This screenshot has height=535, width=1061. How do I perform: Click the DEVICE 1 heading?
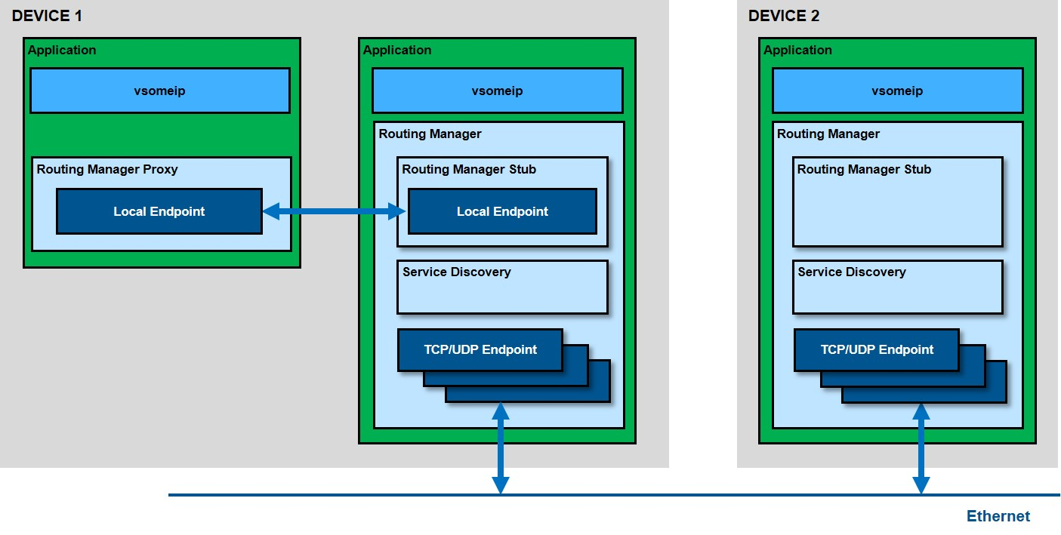coord(47,16)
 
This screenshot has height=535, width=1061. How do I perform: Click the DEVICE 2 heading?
coord(784,16)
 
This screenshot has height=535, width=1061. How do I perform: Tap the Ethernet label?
coord(998,516)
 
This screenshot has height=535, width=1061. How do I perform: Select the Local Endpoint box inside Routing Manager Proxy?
coord(159,211)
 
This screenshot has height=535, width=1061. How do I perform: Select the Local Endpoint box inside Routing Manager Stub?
coord(502,211)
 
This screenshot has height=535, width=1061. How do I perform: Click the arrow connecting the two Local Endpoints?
coord(335,212)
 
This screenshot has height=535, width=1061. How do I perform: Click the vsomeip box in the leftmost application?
coord(159,91)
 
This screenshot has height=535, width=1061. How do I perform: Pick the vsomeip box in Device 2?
coord(897,91)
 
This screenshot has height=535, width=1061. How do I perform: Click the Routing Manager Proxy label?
coord(107,169)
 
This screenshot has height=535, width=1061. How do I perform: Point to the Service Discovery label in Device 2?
coord(851,272)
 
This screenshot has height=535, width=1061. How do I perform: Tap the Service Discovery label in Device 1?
coord(456,272)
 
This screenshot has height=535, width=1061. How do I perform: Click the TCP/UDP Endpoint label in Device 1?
coord(480,349)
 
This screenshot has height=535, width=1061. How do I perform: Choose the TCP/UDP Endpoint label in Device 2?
coord(877,349)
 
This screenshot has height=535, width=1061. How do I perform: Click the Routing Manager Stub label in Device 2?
coord(864,169)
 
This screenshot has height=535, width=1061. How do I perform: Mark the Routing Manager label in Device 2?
coord(828,134)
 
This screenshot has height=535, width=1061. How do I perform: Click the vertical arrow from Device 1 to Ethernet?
coord(501,448)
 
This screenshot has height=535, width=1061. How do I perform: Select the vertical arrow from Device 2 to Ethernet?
coord(921,448)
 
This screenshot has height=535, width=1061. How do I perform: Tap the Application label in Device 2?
coord(797,50)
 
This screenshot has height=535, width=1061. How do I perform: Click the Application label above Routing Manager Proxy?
coord(62,50)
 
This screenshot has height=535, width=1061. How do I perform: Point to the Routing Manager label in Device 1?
coord(430,134)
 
